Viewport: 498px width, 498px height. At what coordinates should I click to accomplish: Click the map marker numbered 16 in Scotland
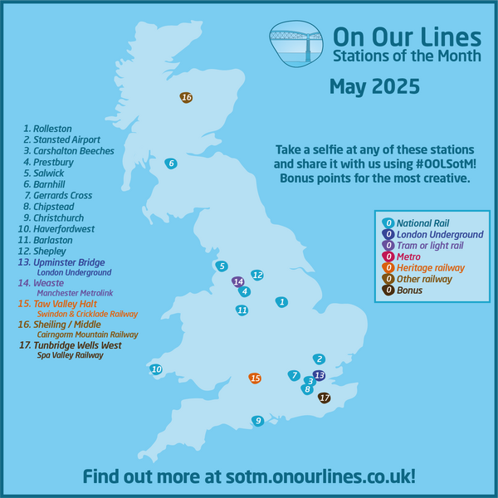tap(187, 98)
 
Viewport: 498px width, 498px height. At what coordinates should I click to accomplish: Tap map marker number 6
tap(171, 164)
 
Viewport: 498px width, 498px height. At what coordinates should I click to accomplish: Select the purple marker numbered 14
tap(238, 281)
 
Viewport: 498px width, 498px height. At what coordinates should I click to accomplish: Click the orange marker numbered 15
tap(256, 378)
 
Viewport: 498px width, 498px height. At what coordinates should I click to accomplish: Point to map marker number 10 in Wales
tap(156, 369)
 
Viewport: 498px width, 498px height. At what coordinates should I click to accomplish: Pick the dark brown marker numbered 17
tap(325, 398)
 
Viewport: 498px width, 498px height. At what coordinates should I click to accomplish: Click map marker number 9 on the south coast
tap(258, 421)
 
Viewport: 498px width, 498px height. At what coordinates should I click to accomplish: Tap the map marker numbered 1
tap(282, 302)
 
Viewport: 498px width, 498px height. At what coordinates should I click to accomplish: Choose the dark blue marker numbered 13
tap(320, 375)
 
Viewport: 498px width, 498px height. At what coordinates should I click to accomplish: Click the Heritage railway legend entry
tap(424, 267)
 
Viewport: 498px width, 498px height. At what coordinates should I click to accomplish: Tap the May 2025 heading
tap(374, 86)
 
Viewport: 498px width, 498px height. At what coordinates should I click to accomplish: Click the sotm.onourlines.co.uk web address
tap(249, 476)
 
